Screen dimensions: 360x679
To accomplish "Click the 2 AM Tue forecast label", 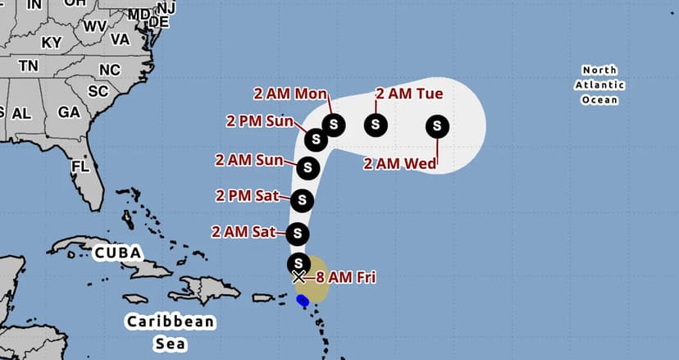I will [x=409, y=93].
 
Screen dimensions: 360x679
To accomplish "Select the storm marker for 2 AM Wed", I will [x=438, y=126].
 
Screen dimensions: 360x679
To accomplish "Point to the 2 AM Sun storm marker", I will [x=308, y=167].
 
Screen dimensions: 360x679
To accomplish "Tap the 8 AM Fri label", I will [x=345, y=277].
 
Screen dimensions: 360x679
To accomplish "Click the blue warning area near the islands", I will [x=303, y=301].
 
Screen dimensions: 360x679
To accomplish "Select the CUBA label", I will [x=116, y=251].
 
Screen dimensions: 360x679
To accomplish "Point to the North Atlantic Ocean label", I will [x=599, y=84].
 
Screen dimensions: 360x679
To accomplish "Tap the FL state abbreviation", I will [x=80, y=166].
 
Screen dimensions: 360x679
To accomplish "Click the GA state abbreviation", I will [x=69, y=112].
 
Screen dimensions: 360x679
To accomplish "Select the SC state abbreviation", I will [x=98, y=91].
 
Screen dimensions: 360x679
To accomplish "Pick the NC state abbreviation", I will [x=109, y=70].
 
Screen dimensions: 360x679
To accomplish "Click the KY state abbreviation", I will [x=52, y=42].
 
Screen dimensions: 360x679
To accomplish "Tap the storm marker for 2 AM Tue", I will [x=376, y=125].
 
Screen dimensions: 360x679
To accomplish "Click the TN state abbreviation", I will [x=29, y=66].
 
